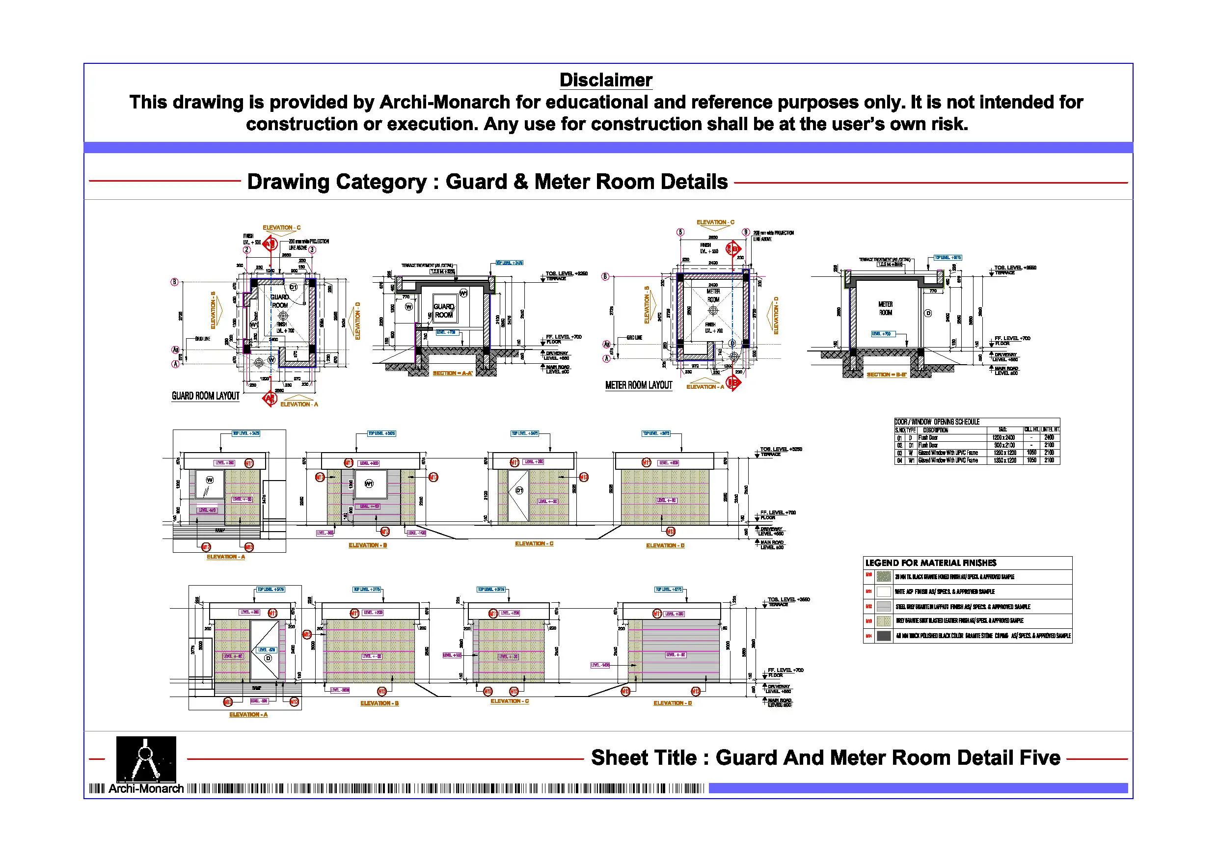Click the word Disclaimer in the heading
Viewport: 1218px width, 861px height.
[x=606, y=80]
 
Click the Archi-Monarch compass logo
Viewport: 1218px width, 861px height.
[x=146, y=758]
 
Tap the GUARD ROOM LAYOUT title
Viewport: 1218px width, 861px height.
[x=205, y=396]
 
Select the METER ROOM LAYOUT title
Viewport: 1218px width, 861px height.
[x=639, y=385]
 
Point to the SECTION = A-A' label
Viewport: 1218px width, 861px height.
[x=452, y=374]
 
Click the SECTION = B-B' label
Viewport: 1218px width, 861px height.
[x=887, y=375]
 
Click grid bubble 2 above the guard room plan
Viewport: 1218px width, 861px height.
[x=246, y=250]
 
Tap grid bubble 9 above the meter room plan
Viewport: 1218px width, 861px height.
[x=746, y=232]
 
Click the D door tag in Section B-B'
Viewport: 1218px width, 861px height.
[x=928, y=313]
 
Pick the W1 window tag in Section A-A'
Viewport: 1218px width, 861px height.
[x=463, y=294]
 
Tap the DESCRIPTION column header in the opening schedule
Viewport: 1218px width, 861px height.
[x=935, y=430]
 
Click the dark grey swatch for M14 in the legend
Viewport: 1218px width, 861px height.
[x=884, y=636]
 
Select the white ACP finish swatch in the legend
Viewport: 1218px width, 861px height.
[x=884, y=592]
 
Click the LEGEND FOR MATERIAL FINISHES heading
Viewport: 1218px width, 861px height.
[x=930, y=563]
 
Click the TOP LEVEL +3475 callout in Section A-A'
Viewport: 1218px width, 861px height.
[x=509, y=263]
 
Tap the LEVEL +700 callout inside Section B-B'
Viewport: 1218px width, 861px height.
[x=882, y=334]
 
